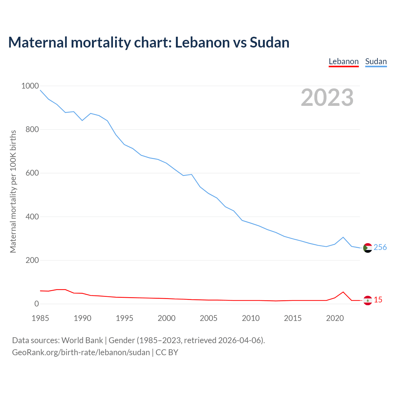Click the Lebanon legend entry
343,61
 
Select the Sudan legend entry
376,61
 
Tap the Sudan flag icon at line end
368,248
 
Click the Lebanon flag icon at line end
368,300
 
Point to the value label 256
380,247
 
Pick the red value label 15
378,300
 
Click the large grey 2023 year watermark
327,98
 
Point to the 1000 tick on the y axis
30,86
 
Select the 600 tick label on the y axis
32,173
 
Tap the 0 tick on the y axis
37,304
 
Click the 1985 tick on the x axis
40,318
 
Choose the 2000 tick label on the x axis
167,318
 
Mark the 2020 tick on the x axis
335,318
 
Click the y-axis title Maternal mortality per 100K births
13,191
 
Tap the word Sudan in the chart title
269,42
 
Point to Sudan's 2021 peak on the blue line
343,237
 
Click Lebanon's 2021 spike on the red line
343,292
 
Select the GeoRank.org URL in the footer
81,352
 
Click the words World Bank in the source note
82,340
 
